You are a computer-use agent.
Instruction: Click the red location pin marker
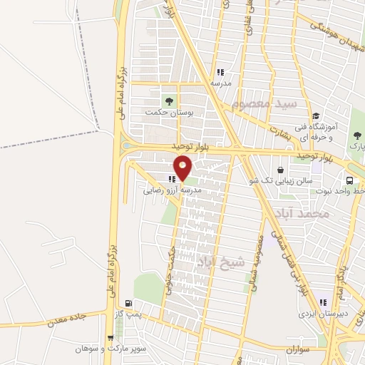183,167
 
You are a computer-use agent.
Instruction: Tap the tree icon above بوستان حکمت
169,100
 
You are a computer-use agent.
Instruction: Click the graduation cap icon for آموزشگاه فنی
315,116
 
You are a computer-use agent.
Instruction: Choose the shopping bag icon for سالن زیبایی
281,170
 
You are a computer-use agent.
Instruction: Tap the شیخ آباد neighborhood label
222,261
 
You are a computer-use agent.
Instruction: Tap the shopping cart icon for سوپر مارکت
110,338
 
